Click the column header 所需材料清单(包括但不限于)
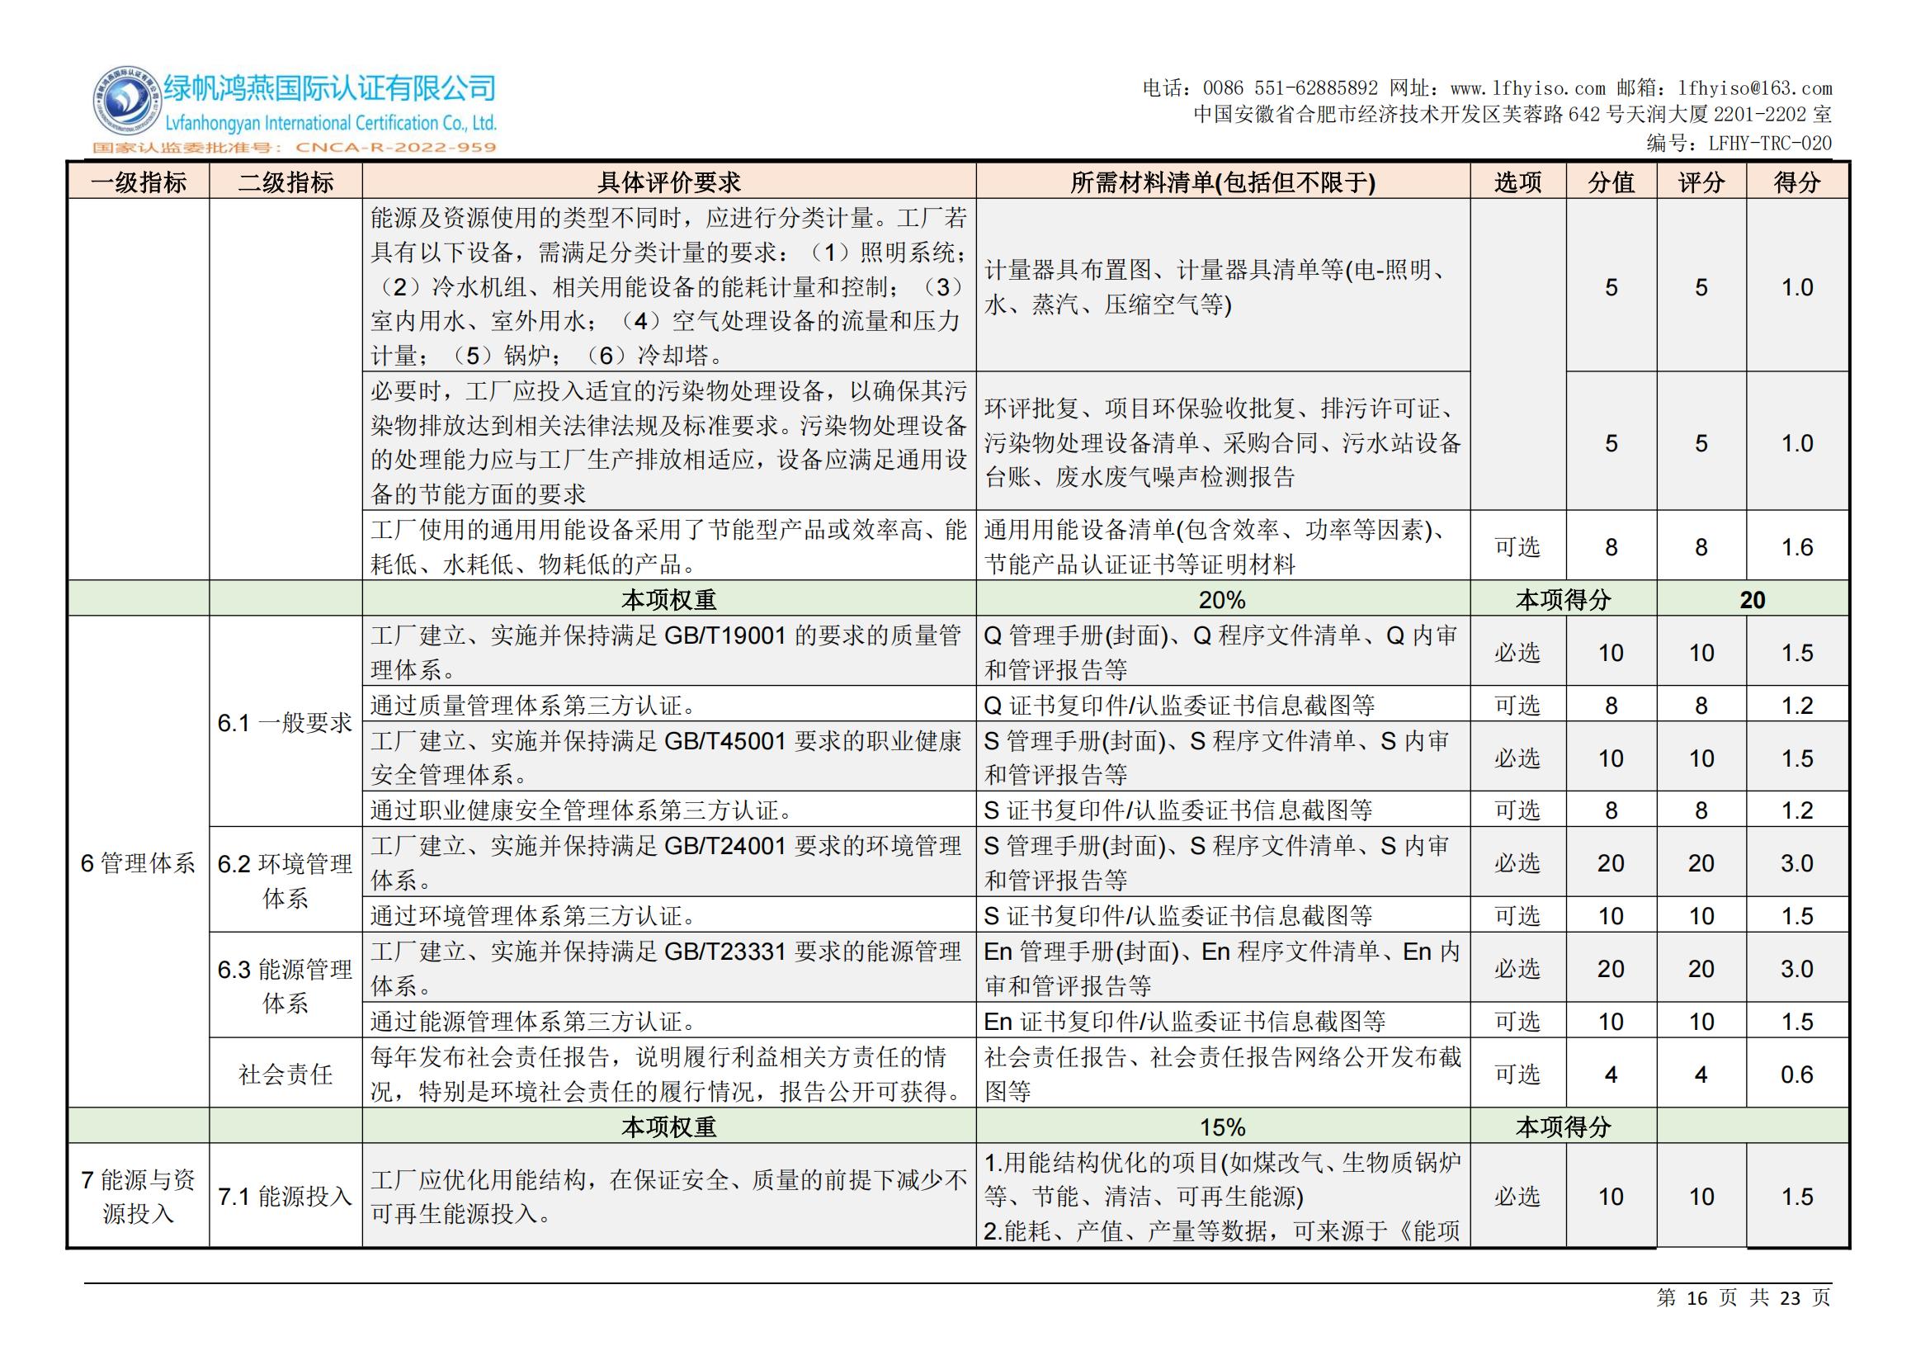tap(1222, 182)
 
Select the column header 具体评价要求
tap(668, 182)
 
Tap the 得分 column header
tap(1796, 182)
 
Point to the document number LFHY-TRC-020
tap(1769, 144)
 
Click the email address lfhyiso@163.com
tap(1754, 88)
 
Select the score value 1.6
tap(1796, 547)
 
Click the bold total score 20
tap(1752, 600)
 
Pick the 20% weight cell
tap(1222, 600)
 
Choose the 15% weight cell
tap(1222, 1127)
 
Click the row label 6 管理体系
tap(138, 863)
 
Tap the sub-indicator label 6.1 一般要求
tap(285, 723)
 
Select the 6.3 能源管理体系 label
tap(285, 986)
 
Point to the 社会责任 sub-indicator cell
tap(285, 1075)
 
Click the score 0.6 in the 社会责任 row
tap(1796, 1075)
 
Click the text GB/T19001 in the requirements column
tap(724, 635)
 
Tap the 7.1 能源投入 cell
tap(285, 1196)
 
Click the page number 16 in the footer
tap(1696, 1299)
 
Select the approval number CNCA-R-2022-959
tap(395, 148)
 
